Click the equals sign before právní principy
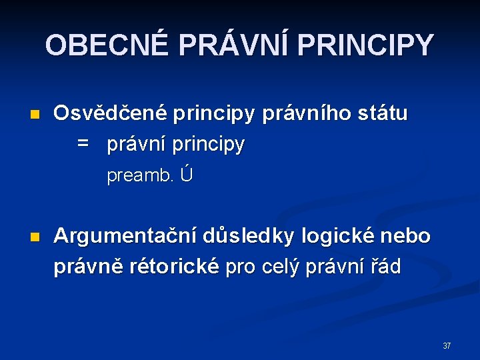[x=83, y=144]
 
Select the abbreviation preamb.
[x=141, y=177]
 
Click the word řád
[x=387, y=267]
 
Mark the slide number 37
[x=447, y=346]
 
